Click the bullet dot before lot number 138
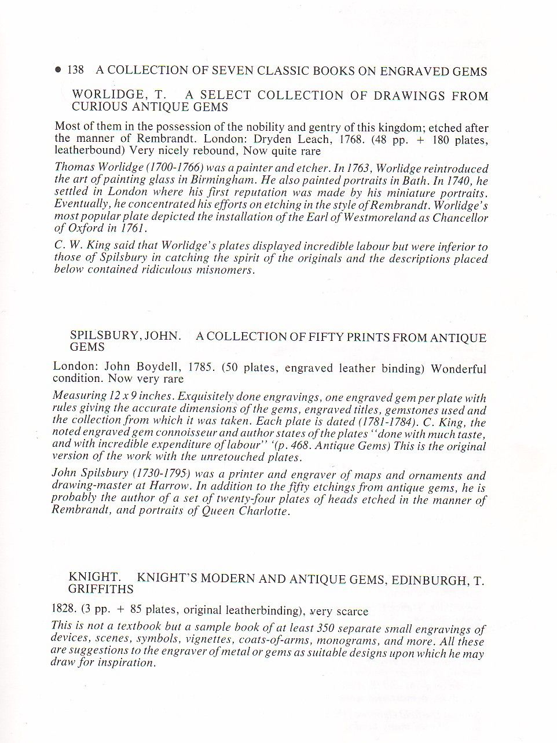pos(58,71)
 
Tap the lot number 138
pos(76,71)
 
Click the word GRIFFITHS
pos(101,590)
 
